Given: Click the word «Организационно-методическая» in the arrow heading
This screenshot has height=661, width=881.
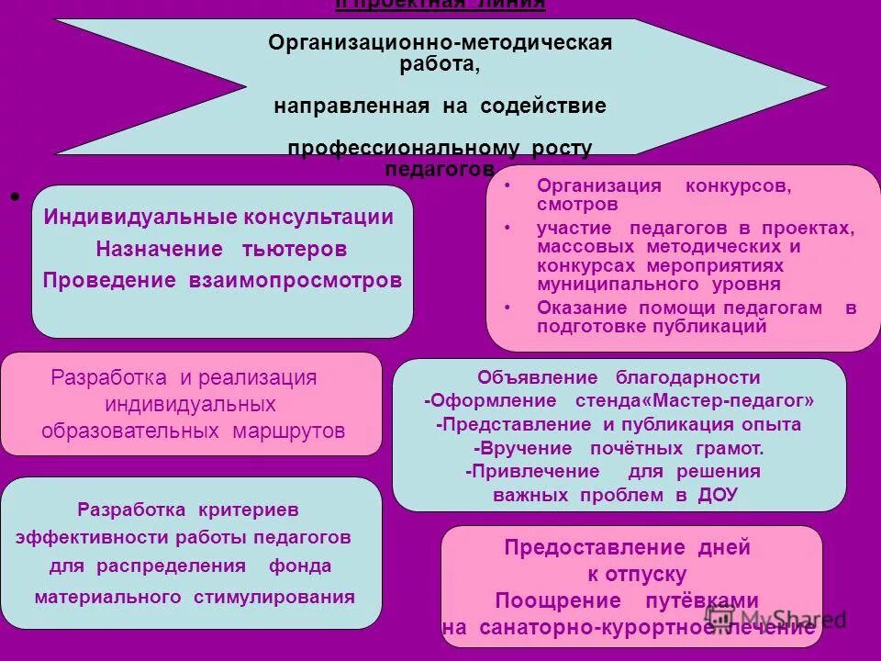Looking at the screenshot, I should (440, 43).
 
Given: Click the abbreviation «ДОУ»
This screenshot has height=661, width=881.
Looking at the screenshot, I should (717, 495).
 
